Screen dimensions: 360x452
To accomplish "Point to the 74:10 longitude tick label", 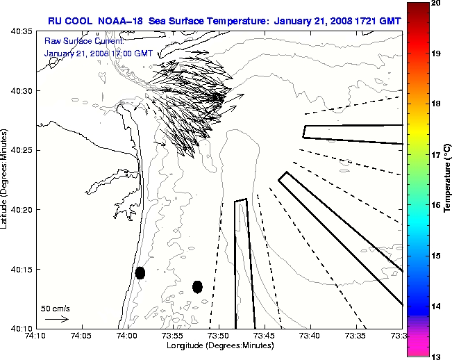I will (36, 335).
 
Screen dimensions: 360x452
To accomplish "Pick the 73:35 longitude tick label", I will (355, 335).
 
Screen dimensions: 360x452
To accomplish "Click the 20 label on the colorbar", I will (437, 3).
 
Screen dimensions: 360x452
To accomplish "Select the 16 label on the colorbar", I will (437, 206).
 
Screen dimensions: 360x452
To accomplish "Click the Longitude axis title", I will (218, 345).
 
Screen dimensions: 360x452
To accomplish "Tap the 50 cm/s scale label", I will (56, 308).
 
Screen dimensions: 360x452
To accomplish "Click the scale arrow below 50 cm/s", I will (56, 319).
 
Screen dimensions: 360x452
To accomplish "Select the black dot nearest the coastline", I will (140, 272).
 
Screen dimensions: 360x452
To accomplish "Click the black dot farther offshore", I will (197, 286).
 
